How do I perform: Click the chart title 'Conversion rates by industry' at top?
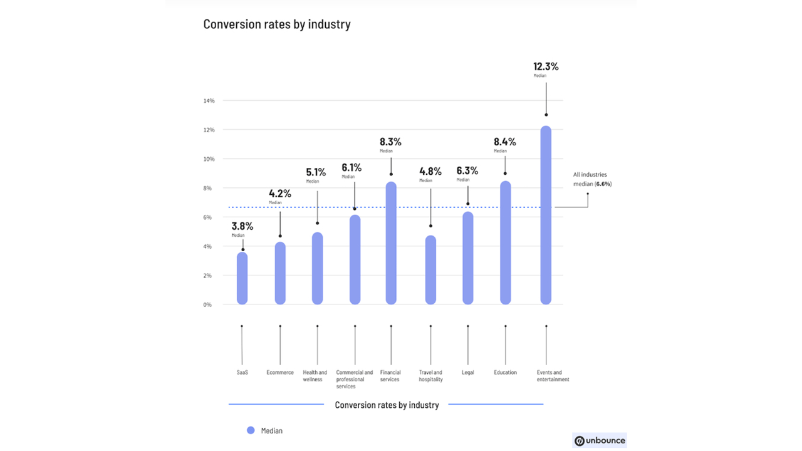point(277,24)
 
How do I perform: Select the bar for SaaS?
point(242,278)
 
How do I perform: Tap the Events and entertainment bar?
point(546,215)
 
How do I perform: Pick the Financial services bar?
point(391,243)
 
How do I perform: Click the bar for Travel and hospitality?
point(430,270)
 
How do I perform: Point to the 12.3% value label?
point(546,66)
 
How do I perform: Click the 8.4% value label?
point(504,142)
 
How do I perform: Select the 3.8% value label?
point(242,226)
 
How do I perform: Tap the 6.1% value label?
point(352,167)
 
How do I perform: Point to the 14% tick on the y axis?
point(209,101)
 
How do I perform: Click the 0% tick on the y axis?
point(207,305)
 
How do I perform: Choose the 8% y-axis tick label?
point(207,189)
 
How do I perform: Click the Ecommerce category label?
point(280,373)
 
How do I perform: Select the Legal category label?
point(467,373)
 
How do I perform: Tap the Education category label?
point(505,373)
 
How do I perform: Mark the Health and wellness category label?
point(315,376)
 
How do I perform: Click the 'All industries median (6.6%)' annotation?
point(592,180)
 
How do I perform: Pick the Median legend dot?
point(251,430)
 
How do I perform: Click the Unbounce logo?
point(600,440)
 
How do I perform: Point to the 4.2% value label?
point(280,194)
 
